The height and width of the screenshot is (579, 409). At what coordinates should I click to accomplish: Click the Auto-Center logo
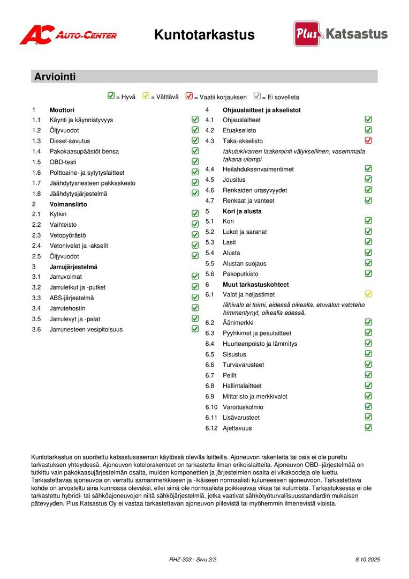pyautogui.click(x=68, y=35)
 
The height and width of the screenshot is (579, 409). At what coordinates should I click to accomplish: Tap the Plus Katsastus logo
pyautogui.click(x=340, y=34)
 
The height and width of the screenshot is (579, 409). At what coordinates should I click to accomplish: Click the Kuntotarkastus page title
pyautogui.click(x=204, y=35)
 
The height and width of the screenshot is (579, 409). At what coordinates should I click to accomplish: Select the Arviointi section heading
pyautogui.click(x=55, y=77)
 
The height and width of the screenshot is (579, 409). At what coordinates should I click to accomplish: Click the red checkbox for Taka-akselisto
pyautogui.click(x=368, y=140)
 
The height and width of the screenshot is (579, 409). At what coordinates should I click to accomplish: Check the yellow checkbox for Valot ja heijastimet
pyautogui.click(x=368, y=294)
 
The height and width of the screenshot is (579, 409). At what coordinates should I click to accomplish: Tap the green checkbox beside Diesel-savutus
pyautogui.click(x=195, y=140)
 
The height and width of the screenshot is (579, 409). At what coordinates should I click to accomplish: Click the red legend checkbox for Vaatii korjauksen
pyautogui.click(x=189, y=96)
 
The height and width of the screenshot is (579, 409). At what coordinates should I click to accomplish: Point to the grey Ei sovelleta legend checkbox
pyautogui.click(x=257, y=96)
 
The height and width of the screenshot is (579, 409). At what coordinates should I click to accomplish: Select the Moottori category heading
pyautogui.click(x=62, y=110)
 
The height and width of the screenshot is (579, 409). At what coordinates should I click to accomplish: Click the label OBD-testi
pyautogui.click(x=63, y=162)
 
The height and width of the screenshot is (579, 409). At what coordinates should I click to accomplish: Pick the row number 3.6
pyautogui.click(x=36, y=330)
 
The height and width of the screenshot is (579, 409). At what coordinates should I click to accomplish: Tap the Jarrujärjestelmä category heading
pyautogui.click(x=73, y=266)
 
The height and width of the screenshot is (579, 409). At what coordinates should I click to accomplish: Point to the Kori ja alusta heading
pyautogui.click(x=242, y=211)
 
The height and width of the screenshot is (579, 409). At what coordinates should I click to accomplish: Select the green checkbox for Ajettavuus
pyautogui.click(x=368, y=428)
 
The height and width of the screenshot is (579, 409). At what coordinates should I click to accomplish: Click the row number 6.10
pyautogui.click(x=211, y=407)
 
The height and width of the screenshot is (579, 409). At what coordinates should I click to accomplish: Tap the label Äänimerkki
pyautogui.click(x=238, y=323)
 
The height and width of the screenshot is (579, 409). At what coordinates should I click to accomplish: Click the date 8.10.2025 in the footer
pyautogui.click(x=367, y=560)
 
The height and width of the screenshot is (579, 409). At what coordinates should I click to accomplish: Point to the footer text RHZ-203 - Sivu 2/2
pyautogui.click(x=193, y=560)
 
